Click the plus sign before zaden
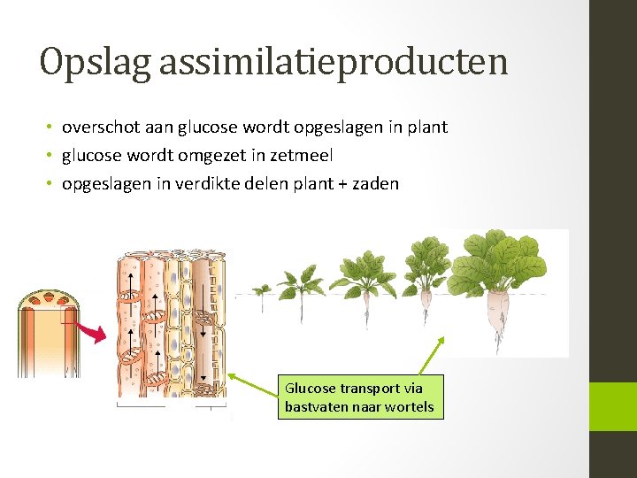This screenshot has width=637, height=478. (x=342, y=184)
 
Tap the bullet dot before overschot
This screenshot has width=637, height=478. (x=52, y=127)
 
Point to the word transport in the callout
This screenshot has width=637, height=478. (x=370, y=388)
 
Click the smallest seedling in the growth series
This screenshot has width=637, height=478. (x=261, y=290)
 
